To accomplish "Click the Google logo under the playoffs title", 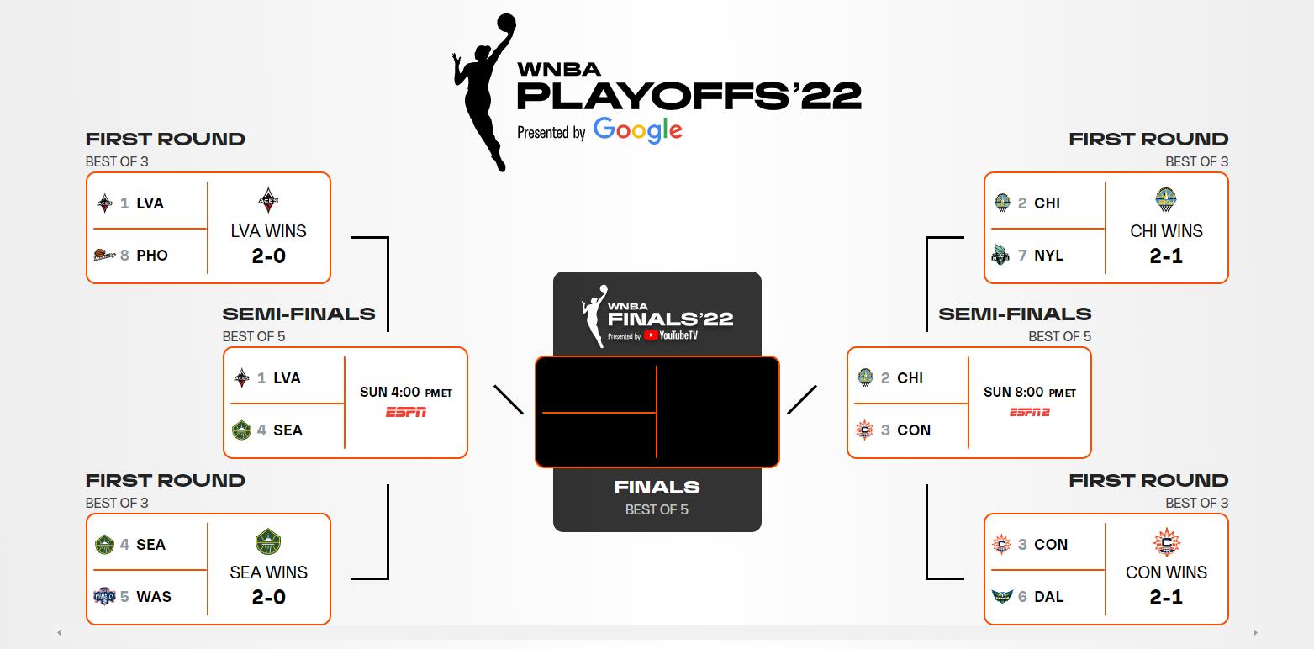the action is click(637, 130).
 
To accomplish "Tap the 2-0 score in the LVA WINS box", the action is click(269, 256).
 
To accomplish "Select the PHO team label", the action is click(152, 256).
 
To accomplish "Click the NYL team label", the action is click(1048, 256).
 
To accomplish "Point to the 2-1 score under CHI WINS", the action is click(1166, 256).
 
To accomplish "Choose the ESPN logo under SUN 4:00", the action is click(406, 413).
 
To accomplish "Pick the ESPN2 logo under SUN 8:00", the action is click(1030, 413).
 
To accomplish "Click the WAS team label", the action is click(154, 596).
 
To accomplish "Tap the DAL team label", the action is click(1049, 596).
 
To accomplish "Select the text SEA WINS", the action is click(269, 572).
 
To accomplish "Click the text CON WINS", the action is click(1166, 572).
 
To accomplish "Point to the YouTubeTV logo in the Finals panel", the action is click(671, 335).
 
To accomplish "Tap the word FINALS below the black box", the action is click(657, 487).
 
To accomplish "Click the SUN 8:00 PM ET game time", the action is click(1030, 392).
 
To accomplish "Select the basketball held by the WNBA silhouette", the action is click(505, 24).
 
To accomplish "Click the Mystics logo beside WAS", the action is click(104, 596).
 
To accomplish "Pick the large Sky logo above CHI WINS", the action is click(1165, 199).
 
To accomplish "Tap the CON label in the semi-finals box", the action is click(913, 430).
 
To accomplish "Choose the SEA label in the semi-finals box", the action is click(288, 430).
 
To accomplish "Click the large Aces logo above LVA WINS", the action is click(268, 200).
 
